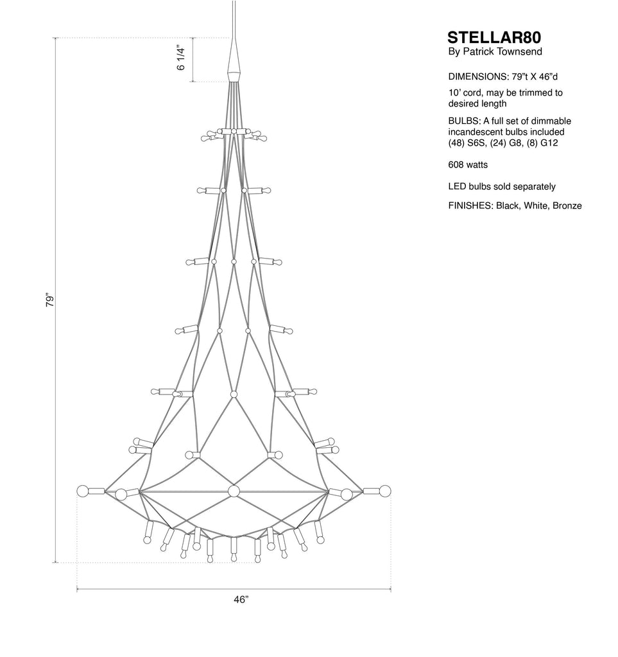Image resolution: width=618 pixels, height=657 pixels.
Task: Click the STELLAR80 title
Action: click(x=494, y=38)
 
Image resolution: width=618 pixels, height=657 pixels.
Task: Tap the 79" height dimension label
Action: click(x=50, y=300)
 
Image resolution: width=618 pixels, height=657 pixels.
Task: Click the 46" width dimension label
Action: click(x=241, y=600)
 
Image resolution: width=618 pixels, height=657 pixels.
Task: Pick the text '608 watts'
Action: click(x=468, y=165)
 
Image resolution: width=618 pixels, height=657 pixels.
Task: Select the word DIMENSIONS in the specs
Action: click(x=479, y=77)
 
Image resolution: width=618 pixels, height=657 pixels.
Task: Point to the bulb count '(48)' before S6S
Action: click(x=456, y=143)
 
